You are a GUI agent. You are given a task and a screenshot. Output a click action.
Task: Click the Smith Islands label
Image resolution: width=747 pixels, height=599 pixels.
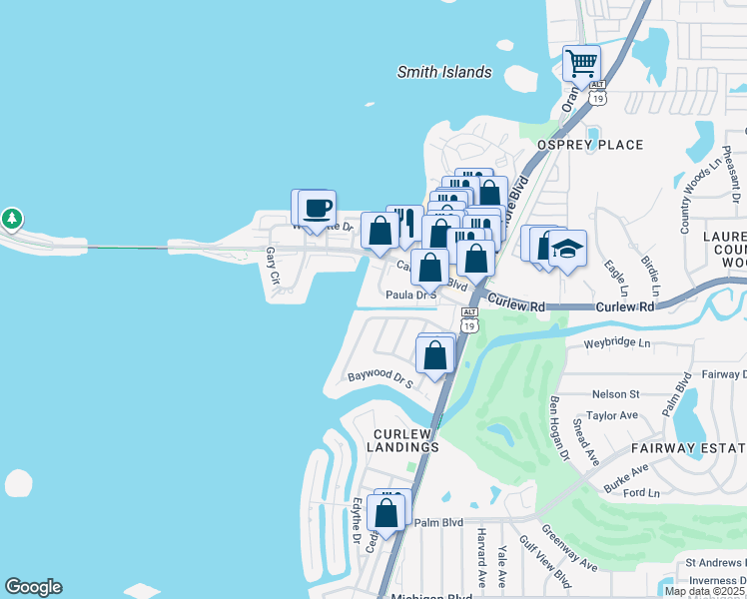[444, 72]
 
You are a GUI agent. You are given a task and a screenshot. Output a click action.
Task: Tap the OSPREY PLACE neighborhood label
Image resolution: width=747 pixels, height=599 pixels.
[590, 145]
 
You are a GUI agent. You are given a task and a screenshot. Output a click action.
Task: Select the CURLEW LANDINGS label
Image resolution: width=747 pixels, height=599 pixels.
[405, 440]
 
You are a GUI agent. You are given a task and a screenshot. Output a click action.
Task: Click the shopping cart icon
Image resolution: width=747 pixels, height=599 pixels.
[581, 64]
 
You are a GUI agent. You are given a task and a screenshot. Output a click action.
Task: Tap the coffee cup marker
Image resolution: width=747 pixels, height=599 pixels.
[318, 208]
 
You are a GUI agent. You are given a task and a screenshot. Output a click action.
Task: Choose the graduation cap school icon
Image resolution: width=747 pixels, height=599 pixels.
[567, 249]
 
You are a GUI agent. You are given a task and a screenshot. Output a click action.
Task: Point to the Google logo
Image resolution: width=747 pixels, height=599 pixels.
[33, 587]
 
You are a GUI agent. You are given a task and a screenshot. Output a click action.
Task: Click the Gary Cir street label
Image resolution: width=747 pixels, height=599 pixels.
[270, 265]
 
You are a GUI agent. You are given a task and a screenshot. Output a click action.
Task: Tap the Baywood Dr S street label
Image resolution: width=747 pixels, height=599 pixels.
[379, 378]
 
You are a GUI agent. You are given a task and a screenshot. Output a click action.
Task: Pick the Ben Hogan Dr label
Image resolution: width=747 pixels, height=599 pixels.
[558, 428]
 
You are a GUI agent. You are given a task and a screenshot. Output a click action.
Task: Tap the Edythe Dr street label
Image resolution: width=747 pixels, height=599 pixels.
[357, 521]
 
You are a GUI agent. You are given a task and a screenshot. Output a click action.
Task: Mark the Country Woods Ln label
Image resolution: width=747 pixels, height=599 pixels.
[688, 196]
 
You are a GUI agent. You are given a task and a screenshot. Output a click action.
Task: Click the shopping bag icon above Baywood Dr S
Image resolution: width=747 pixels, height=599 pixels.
[435, 354]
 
